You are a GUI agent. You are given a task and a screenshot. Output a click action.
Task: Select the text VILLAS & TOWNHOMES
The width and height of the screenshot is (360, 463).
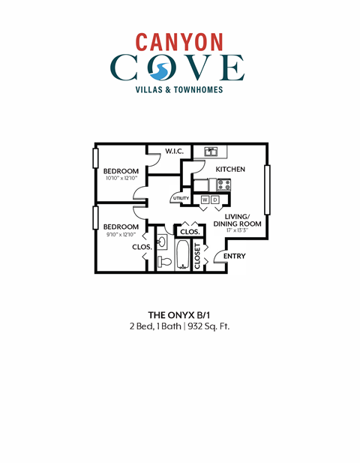(179, 90)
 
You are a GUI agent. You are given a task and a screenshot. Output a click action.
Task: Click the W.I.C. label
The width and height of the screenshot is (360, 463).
(175, 152)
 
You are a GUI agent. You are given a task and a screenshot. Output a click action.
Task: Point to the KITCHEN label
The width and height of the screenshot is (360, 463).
(230, 170)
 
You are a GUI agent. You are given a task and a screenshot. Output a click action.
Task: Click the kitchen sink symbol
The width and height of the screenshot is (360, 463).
(211, 152)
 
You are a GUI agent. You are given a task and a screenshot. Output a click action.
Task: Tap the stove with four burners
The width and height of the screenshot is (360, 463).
(223, 185)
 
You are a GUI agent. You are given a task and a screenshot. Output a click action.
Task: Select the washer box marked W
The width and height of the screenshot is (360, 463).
(205, 200)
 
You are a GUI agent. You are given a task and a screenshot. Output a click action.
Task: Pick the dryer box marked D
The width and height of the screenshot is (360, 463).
(215, 200)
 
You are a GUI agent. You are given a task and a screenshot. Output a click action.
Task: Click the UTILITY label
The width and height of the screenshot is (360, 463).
(181, 198)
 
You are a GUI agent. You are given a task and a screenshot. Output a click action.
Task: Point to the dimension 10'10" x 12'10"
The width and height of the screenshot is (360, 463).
(121, 179)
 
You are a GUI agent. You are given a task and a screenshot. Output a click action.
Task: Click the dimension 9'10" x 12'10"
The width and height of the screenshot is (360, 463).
(120, 234)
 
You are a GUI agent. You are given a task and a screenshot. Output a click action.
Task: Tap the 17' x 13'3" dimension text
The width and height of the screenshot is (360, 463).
(237, 231)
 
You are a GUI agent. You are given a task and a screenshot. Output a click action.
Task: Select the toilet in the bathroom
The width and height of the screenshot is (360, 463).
(164, 261)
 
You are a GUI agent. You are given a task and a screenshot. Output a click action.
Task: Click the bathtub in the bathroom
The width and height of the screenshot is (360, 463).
(183, 255)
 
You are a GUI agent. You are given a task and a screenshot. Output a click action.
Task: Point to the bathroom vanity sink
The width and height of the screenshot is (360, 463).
(163, 242)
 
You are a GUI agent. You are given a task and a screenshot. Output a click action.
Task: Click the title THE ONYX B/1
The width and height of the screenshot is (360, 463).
(179, 315)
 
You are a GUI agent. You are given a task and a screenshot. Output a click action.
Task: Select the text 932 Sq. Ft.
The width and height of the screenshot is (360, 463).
(208, 327)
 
